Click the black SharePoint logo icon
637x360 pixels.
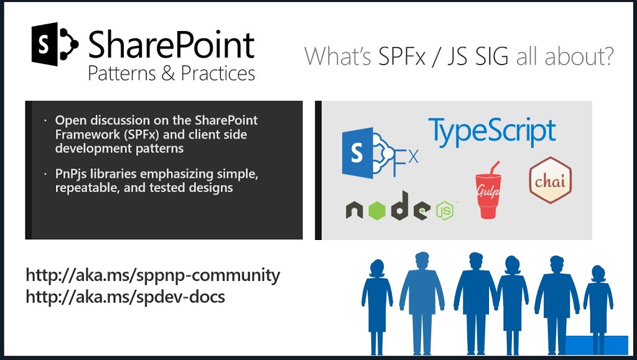(55, 44)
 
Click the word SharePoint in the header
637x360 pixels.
(172, 44)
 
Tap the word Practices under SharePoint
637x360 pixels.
(218, 73)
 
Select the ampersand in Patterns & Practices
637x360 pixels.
(168, 73)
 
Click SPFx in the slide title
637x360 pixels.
(402, 56)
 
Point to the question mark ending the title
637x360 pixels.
(606, 56)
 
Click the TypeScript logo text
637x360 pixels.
(492, 131)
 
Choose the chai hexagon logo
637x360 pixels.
(550, 180)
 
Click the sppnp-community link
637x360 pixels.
(153, 275)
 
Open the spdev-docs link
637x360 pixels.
(125, 297)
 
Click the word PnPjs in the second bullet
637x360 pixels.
(71, 174)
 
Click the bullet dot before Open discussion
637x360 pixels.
(45, 121)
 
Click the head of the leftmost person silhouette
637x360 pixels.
(377, 269)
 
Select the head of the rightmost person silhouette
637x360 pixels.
(598, 274)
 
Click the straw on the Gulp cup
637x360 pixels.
(494, 168)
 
